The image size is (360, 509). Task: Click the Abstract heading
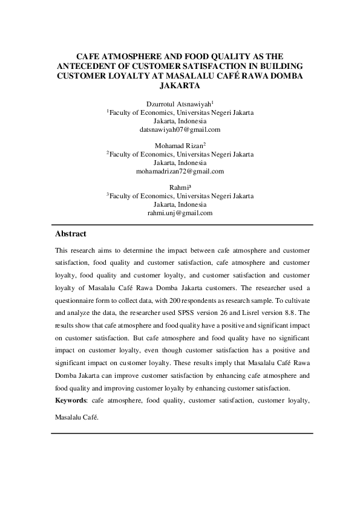(x=71, y=234)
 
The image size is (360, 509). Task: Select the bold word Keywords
(x=71, y=400)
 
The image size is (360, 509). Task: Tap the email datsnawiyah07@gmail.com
(x=180, y=129)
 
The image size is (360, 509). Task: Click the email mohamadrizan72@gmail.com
(x=180, y=171)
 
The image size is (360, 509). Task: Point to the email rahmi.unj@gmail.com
(x=180, y=213)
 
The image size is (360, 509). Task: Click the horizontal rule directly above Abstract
(x=182, y=224)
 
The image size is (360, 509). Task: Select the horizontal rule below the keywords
(x=182, y=433)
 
